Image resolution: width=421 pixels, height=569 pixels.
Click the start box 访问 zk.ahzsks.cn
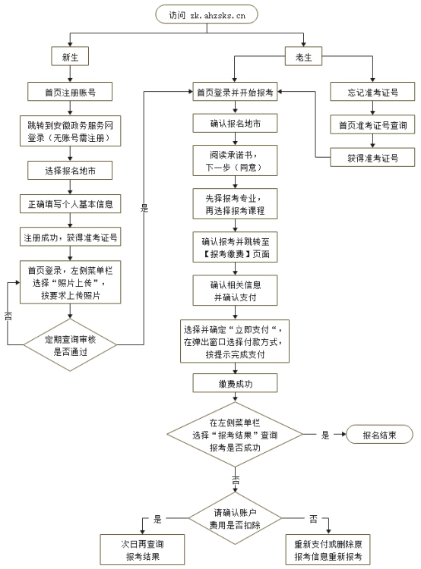tap(206, 14)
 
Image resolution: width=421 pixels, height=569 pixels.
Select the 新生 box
tap(70, 56)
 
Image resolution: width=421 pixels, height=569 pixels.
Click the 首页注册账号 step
tap(70, 93)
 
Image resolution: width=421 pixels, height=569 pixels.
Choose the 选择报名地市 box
tap(70, 171)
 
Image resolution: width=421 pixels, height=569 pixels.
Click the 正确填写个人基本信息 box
tap(70, 204)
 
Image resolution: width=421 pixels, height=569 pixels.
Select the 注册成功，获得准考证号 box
tap(70, 237)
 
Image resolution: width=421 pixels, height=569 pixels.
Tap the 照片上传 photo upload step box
tap(70, 282)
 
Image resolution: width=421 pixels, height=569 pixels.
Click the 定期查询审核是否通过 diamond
tap(70, 345)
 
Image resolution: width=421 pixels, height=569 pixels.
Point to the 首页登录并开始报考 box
tap(235, 93)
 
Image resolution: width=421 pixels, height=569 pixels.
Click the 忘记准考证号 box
tap(373, 93)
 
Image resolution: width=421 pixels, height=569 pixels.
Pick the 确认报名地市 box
tap(235, 124)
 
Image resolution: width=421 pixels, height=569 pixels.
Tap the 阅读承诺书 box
tap(235, 160)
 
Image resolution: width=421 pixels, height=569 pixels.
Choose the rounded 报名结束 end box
tap(378, 435)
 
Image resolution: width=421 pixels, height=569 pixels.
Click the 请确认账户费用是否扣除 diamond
tap(235, 518)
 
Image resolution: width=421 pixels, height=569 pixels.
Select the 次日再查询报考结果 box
tap(142, 550)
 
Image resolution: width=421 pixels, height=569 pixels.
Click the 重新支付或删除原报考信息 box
tap(328, 550)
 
